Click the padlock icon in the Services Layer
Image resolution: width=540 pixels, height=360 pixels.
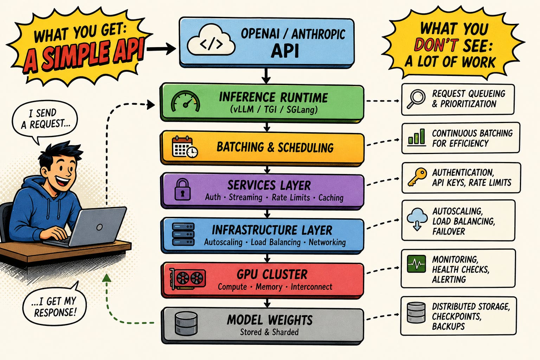pyautogui.click(x=182, y=189)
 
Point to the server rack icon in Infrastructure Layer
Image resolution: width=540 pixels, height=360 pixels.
pyautogui.click(x=183, y=234)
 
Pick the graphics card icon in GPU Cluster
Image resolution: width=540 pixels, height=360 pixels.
pyautogui.click(x=187, y=279)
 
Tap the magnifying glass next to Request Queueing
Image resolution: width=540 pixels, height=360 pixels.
pyautogui.click(x=416, y=99)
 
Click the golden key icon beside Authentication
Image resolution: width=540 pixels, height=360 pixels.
pyautogui.click(x=417, y=177)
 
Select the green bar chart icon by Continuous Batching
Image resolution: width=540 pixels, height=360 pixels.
pyautogui.click(x=416, y=137)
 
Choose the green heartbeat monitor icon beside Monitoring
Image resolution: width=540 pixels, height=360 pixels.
pyautogui.click(x=416, y=264)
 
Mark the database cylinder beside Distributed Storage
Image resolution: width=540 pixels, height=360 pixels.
pyautogui.click(x=416, y=313)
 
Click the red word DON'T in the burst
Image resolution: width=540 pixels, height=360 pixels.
pyautogui.click(x=436, y=45)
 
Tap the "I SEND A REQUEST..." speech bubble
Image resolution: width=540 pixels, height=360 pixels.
pyautogui.click(x=45, y=121)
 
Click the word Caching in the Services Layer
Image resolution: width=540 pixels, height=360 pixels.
pyautogui.click(x=331, y=198)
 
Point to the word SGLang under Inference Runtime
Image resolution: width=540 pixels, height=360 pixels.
pyautogui.click(x=302, y=110)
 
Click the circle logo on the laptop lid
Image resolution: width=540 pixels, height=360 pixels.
pyautogui.click(x=99, y=227)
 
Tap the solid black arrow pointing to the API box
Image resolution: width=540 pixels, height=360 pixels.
pyautogui.click(x=161, y=49)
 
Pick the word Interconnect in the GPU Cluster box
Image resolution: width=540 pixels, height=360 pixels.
pyautogui.click(x=311, y=287)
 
